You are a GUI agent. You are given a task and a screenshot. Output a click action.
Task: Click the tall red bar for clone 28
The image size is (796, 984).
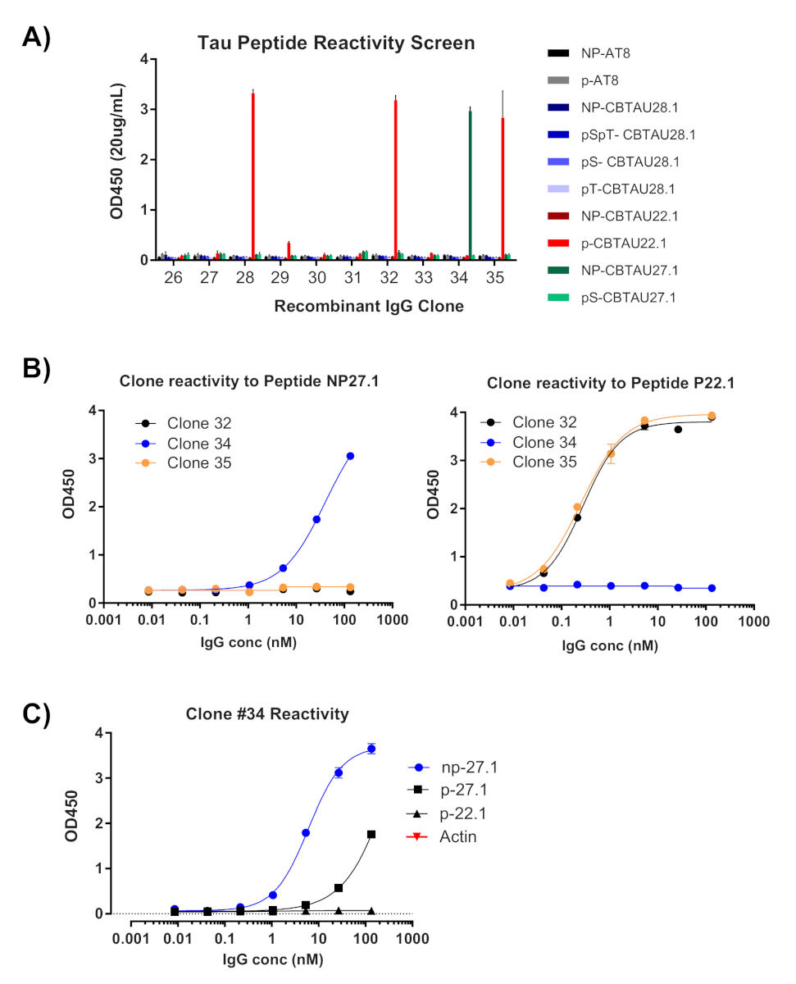coord(253,176)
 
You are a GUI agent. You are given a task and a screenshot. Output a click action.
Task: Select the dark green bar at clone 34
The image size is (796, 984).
coord(470,185)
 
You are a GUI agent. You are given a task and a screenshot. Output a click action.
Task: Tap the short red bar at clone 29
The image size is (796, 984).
coord(289,250)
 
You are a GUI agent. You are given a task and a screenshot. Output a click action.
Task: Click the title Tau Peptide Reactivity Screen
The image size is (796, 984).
coord(336,43)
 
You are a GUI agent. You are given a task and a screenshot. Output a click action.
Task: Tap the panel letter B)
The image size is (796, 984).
coord(38,370)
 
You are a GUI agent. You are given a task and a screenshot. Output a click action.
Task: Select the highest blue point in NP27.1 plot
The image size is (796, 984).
coord(350,456)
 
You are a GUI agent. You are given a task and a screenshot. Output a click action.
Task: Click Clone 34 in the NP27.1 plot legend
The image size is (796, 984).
coord(198,443)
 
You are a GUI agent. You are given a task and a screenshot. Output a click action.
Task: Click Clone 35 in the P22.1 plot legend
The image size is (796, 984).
coord(544,461)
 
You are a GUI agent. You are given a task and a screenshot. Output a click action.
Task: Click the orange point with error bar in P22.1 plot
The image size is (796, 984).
coord(610,453)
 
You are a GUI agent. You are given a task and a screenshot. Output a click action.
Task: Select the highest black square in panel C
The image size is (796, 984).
coord(371,834)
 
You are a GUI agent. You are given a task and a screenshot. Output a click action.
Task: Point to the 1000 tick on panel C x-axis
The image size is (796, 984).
coord(412,937)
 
